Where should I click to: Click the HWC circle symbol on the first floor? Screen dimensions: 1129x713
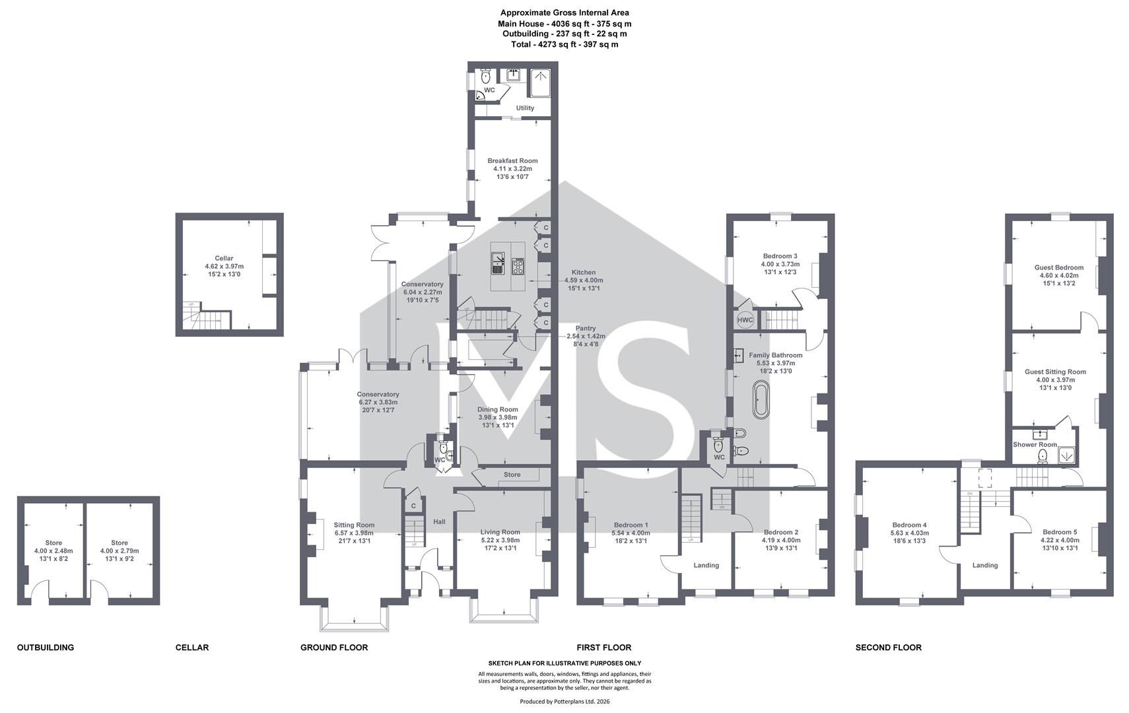[745, 320]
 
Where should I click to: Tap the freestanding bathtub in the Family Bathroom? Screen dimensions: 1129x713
[761, 400]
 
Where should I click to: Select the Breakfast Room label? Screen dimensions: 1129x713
[512, 160]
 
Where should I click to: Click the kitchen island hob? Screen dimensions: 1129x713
[518, 266]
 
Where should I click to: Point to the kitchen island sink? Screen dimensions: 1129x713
[498, 263]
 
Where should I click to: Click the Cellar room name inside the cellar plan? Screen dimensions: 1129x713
[224, 258]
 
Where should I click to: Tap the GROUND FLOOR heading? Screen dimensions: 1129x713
[334, 648]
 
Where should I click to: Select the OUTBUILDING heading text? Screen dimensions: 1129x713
[46, 648]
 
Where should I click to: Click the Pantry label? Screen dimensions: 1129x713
[586, 328]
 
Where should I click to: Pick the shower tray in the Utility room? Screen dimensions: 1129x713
[540, 83]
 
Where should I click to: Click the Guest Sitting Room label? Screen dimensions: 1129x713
[1056, 372]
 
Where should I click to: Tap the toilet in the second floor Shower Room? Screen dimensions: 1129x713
[1043, 456]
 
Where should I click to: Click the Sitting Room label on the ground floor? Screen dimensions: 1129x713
[354, 525]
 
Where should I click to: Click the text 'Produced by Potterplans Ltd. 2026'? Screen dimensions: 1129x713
[565, 701]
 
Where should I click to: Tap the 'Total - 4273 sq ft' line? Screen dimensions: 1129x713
[564, 44]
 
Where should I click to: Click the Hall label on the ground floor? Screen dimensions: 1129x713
[440, 522]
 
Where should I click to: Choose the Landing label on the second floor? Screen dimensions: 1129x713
[985, 565]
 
